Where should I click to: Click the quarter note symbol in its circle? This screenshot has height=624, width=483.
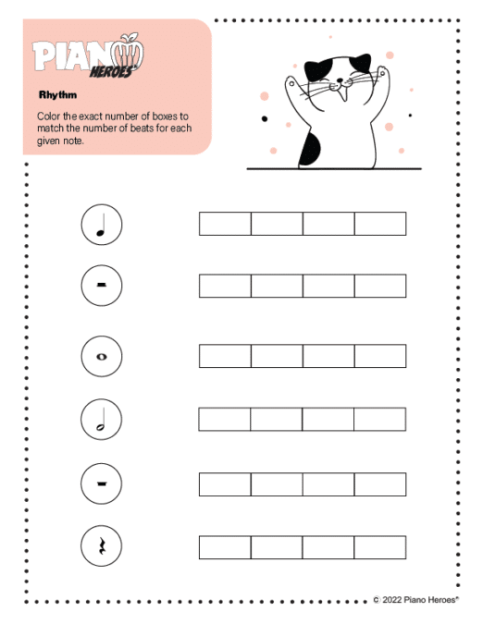[x=102, y=226]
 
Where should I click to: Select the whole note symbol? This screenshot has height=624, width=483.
[x=102, y=356]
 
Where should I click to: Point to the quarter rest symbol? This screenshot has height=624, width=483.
[x=102, y=547]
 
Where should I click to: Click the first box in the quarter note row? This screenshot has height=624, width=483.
[x=225, y=224]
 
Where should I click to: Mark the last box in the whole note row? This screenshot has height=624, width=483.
[x=380, y=356]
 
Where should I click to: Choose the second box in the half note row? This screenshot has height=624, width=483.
[x=277, y=420]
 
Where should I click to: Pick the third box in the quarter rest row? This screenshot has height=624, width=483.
[x=328, y=547]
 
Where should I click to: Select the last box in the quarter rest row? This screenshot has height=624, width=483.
[x=380, y=547]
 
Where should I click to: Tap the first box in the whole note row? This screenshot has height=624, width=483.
[x=225, y=356]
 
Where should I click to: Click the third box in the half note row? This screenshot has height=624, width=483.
[x=328, y=420]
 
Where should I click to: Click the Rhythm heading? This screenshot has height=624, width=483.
[x=56, y=94]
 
